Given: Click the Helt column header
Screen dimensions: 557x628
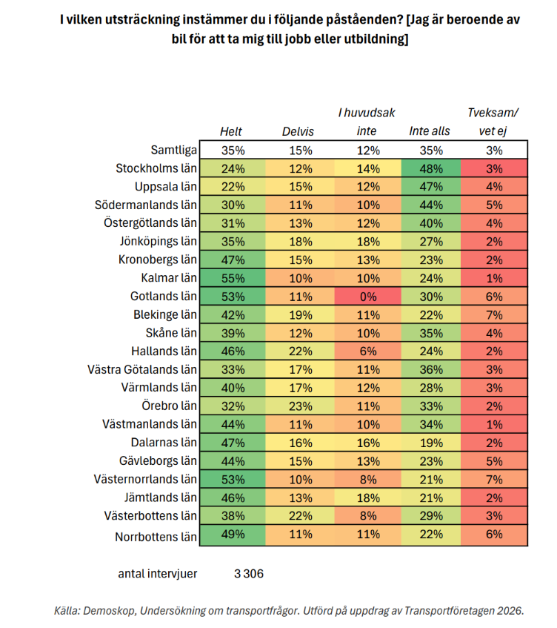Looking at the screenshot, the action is point(231,131).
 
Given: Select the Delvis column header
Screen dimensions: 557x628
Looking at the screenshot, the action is point(298,131).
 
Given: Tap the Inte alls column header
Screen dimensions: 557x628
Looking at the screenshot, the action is point(430,131).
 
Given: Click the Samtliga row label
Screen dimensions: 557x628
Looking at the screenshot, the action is point(173,150).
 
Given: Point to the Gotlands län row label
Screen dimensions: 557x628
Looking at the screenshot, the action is point(164,296).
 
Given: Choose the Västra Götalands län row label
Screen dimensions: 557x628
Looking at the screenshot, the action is point(142,369).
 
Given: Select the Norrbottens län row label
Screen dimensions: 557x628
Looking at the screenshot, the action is point(156,537).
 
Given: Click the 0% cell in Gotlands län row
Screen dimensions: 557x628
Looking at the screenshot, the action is point(367,297).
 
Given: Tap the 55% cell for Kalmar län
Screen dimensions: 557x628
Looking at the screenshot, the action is point(233,278).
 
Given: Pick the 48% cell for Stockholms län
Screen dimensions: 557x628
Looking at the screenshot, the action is point(431,168).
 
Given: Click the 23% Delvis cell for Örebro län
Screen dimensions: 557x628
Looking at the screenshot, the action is point(300,406).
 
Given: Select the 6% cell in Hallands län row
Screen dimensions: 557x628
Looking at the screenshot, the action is point(367,351).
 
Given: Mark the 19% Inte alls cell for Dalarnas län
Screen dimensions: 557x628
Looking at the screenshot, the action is point(431,443).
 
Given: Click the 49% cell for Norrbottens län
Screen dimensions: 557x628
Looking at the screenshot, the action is point(233,535).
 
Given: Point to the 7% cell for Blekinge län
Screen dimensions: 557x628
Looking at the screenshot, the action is point(494,315).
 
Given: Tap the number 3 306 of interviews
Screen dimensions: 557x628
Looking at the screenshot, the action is point(249,574).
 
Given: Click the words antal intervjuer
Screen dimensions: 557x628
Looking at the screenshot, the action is point(158,574).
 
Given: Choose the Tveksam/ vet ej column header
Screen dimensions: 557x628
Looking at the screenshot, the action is point(493,122).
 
